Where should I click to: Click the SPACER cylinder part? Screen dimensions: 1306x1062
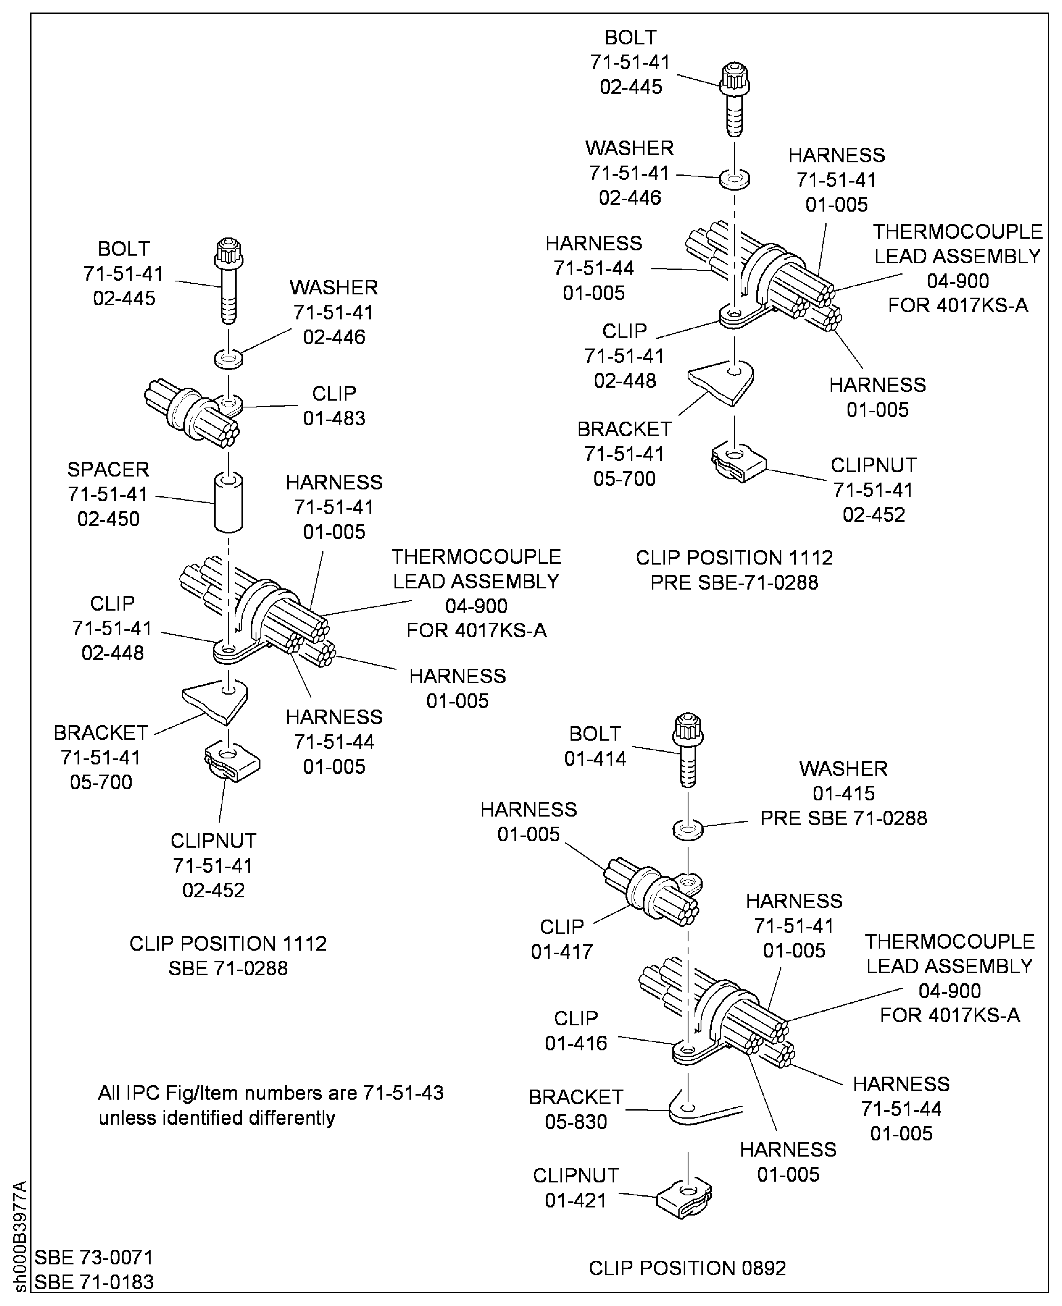(x=228, y=503)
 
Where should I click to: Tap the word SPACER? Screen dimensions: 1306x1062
(x=108, y=470)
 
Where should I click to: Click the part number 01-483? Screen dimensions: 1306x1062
(x=334, y=418)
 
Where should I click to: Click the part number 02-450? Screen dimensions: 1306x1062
(x=108, y=519)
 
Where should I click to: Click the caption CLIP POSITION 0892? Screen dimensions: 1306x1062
(x=687, y=1269)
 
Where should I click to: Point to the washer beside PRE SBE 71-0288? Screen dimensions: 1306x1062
(x=688, y=831)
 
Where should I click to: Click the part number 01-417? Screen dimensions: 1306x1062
(x=562, y=952)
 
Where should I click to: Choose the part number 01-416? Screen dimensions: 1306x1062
(x=576, y=1043)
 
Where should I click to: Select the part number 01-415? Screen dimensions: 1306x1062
(x=843, y=794)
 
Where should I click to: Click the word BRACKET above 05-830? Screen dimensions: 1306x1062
(x=576, y=1097)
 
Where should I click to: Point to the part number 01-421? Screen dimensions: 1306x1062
(x=576, y=1200)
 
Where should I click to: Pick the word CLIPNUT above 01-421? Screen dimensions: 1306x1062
(x=576, y=1175)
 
